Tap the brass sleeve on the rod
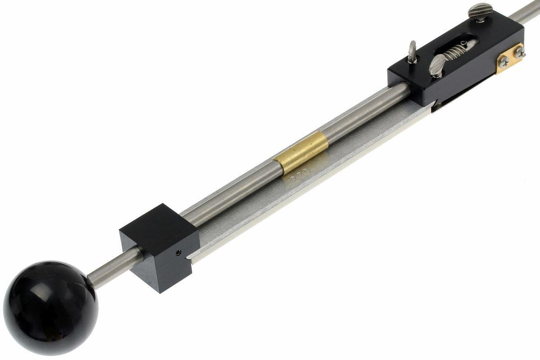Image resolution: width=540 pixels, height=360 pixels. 301,156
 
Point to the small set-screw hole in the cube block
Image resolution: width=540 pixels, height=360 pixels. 178,252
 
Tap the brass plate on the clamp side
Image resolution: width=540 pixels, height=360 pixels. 510,59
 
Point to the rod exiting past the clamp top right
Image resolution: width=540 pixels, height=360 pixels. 531,10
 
